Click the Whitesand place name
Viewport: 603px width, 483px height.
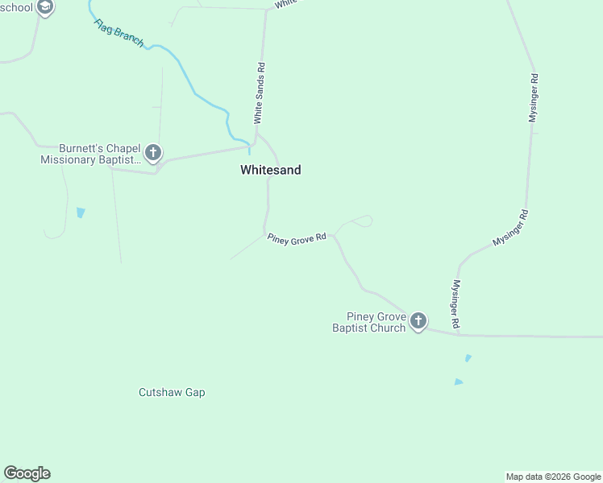coord(270,170)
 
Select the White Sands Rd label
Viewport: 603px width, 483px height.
coord(260,93)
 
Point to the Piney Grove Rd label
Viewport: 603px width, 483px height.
coord(297,237)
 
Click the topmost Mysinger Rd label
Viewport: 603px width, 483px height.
coord(533,97)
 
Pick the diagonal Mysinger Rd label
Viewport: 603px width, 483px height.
coord(510,228)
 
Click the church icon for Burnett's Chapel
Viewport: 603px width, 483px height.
coord(153,152)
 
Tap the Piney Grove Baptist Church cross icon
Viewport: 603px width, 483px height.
coord(418,322)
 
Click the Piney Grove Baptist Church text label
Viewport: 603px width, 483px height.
coord(369,322)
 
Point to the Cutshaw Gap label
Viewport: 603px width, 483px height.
coord(172,393)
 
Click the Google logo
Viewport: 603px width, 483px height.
coord(27,473)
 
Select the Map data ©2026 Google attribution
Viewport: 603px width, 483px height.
coord(554,477)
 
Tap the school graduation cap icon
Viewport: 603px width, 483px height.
coord(46,8)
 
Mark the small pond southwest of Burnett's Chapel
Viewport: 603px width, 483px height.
coord(80,213)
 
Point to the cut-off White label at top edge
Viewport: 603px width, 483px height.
coord(286,3)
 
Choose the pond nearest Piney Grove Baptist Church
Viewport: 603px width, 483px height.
coord(468,357)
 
